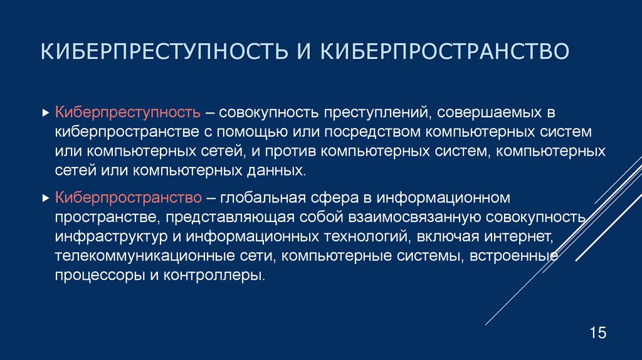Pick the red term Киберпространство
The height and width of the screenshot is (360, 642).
point(128,198)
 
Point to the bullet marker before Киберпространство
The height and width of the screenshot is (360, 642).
point(45,199)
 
